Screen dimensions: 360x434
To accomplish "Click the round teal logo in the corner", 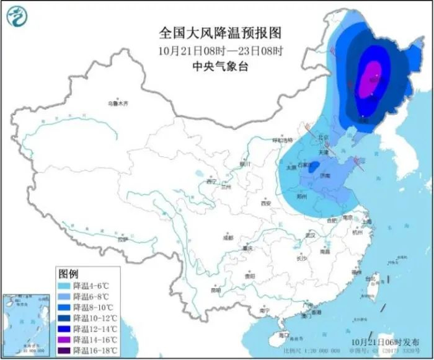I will tap(19, 19).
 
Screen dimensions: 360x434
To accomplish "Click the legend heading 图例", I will tap(67, 273).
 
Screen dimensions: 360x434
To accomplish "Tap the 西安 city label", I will tap(266, 203).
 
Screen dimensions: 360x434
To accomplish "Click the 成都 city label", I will tap(229, 238).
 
